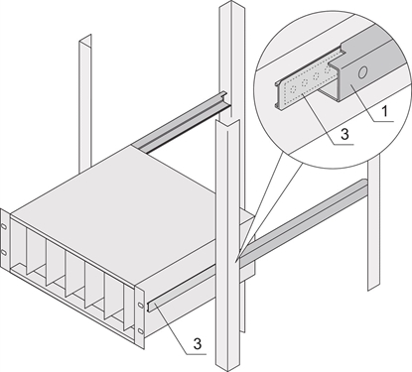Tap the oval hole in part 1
(x=364, y=72)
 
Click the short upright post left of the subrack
(x=85, y=99)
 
